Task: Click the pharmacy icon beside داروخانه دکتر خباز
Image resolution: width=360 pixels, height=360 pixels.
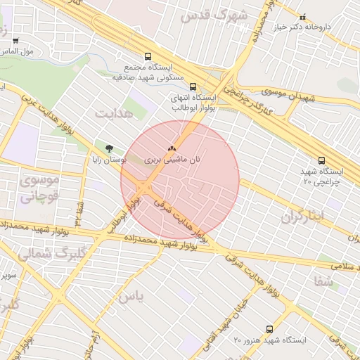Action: click(x=303, y=17)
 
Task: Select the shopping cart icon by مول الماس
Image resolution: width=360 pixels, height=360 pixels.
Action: click(x=15, y=41)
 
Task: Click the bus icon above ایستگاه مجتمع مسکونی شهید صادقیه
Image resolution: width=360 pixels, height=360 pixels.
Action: click(x=148, y=56)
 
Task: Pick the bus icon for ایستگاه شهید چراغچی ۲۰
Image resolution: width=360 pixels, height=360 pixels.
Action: click(x=321, y=161)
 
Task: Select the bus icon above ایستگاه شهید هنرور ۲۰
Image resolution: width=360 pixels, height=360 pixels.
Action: click(x=269, y=329)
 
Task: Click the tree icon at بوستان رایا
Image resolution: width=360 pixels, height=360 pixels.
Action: click(x=108, y=148)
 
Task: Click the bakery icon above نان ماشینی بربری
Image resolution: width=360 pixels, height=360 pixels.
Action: click(x=172, y=149)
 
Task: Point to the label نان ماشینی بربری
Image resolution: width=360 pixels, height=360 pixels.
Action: click(x=172, y=160)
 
